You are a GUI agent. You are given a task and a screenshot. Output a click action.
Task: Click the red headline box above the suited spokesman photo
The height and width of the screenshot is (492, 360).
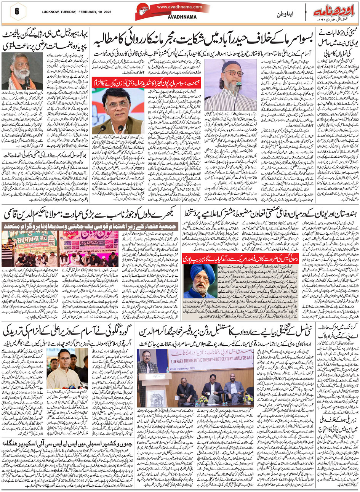tap(118, 81)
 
